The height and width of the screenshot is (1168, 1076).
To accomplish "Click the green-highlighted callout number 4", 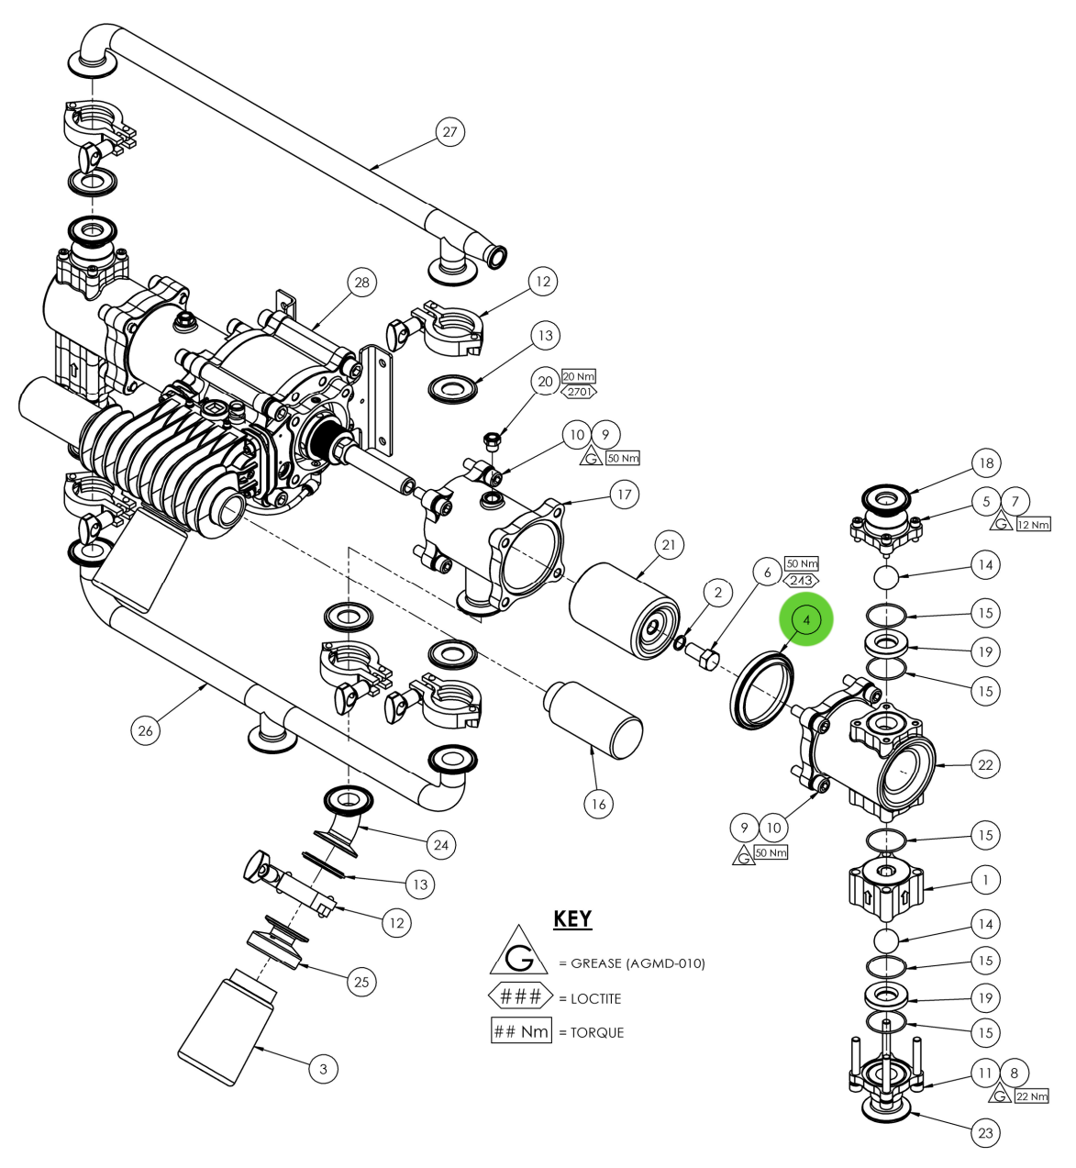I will (x=806, y=619).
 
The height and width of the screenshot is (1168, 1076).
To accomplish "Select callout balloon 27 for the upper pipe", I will (x=449, y=132).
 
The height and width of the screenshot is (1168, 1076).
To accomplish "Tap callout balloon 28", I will (x=361, y=283).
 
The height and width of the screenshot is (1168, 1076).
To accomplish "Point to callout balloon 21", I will (x=669, y=545).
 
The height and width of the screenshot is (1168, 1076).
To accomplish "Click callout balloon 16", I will (x=599, y=804).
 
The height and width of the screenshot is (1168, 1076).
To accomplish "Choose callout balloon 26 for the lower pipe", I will (x=145, y=730).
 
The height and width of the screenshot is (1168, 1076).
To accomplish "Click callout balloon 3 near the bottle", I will (x=323, y=1068).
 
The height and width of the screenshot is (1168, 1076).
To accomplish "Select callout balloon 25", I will (x=361, y=982).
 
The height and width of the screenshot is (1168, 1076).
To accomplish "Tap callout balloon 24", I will (x=441, y=844).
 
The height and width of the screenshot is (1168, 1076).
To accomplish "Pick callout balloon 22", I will (x=985, y=764).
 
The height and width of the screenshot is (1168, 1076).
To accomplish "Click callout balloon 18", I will (x=986, y=463).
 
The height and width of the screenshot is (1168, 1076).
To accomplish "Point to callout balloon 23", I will (x=985, y=1132).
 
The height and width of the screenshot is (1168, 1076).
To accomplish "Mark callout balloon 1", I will (x=985, y=879).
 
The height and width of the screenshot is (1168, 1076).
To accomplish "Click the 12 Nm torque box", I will (x=1032, y=525).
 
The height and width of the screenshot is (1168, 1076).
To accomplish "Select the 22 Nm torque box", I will (x=1031, y=1096).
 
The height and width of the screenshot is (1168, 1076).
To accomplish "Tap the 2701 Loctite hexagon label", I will (x=579, y=392).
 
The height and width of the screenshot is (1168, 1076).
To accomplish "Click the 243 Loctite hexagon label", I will (x=802, y=580).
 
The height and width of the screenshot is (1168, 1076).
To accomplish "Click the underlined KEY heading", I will (x=572, y=918).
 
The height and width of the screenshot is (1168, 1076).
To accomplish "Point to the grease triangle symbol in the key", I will (x=519, y=953).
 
